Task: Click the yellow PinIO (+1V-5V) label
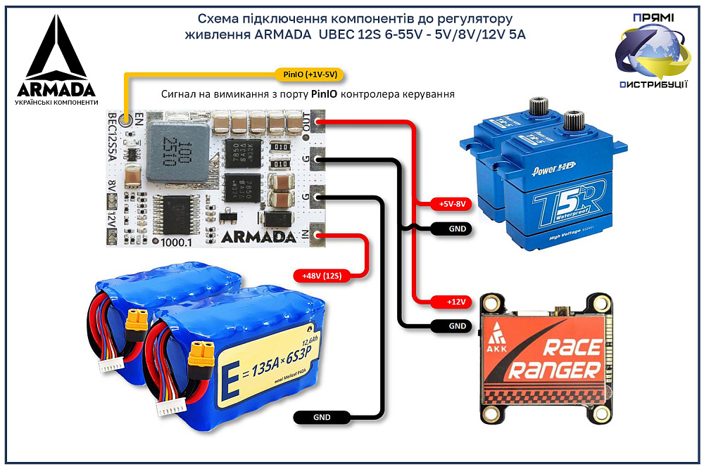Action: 310,73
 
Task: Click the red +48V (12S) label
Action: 322,276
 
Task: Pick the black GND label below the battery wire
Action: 322,417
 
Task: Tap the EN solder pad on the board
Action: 127,120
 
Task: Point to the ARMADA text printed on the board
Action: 258,235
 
